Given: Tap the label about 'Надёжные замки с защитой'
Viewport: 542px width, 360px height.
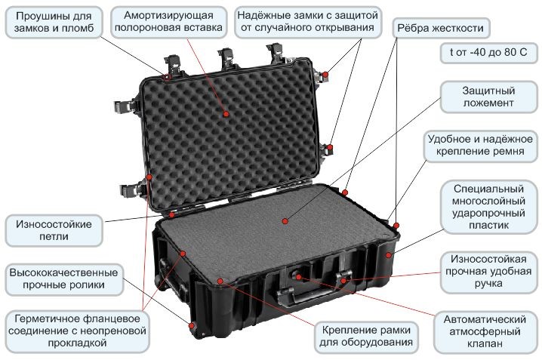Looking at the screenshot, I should coord(306,23).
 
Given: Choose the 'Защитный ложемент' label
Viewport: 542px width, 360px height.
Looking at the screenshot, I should coord(488,96).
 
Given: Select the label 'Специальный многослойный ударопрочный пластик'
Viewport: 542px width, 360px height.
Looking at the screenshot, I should coord(488,204).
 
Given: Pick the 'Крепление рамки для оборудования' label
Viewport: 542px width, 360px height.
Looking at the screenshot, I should coord(366,337).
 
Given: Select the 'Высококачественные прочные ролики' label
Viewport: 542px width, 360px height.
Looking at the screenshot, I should coord(63,278).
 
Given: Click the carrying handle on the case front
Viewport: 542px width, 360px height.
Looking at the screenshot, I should coord(309,296).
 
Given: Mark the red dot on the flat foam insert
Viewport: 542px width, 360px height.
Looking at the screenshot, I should coord(285,222).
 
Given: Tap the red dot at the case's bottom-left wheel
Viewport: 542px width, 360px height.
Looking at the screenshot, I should coord(193,325).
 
